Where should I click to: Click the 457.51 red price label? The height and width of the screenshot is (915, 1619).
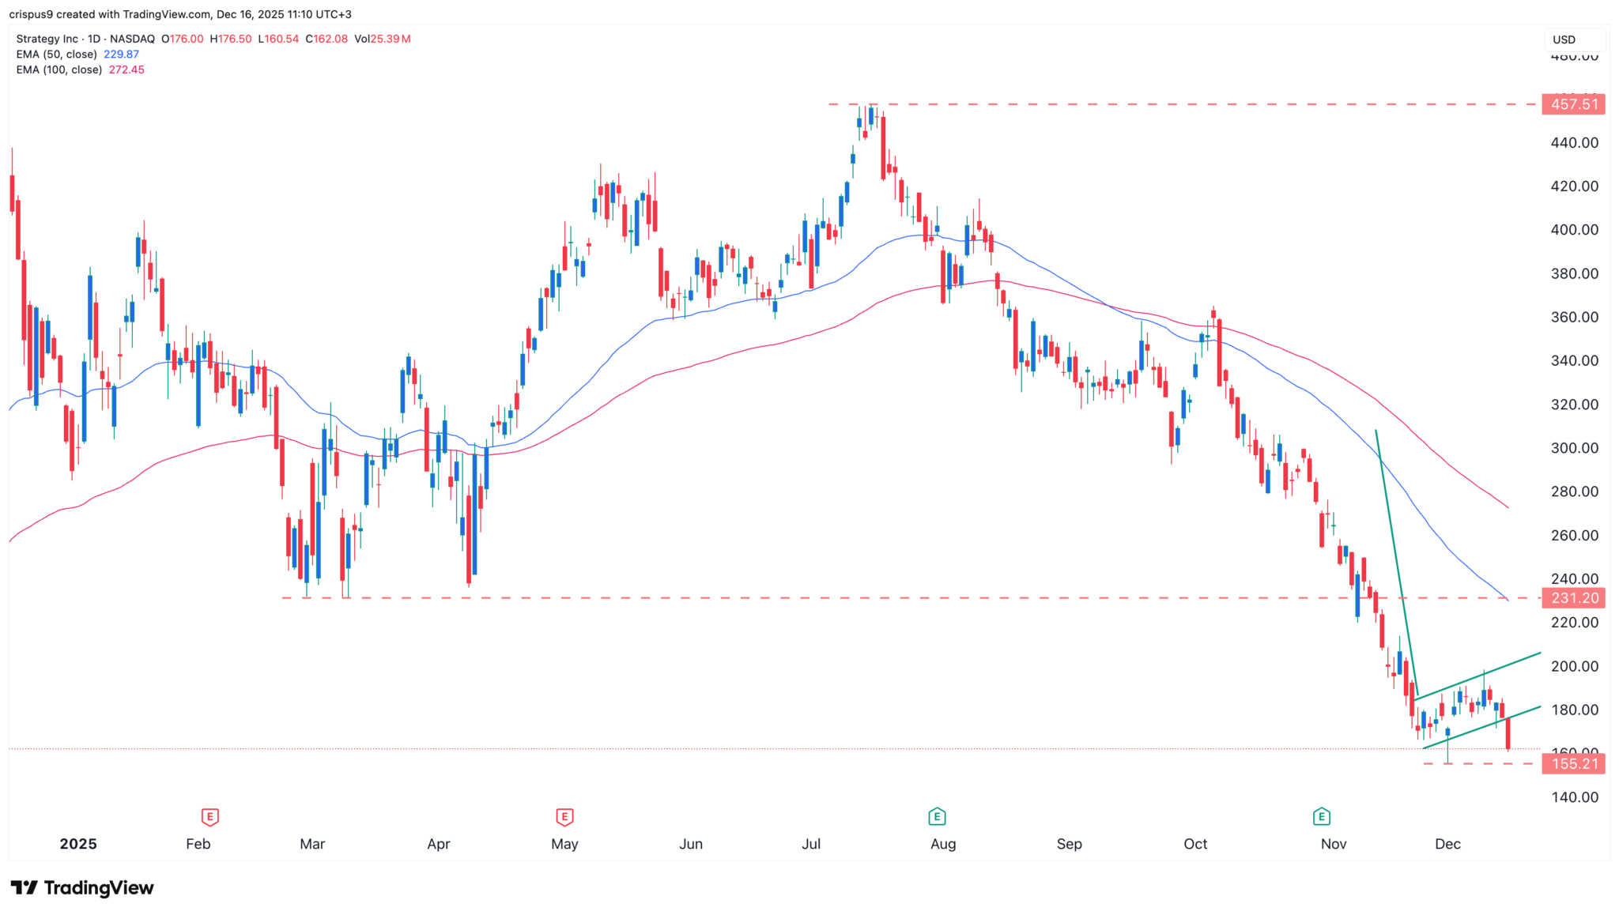pos(1573,104)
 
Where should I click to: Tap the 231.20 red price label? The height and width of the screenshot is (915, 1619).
pos(1573,598)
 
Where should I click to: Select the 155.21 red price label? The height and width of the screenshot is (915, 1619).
pos(1573,763)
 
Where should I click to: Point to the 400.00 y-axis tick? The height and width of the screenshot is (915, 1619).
pos(1575,230)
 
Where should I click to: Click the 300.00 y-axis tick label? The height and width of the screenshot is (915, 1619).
pos(1575,448)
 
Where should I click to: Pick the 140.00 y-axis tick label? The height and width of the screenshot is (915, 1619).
pos(1575,797)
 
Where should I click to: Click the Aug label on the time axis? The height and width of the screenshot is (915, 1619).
pos(943,844)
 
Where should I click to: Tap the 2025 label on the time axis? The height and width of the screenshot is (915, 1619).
pos(78,844)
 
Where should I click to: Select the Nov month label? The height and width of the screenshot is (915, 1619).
pos(1334,844)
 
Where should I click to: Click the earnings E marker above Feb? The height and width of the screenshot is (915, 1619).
pos(209,816)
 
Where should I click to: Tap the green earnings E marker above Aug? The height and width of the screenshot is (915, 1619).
pos(937,816)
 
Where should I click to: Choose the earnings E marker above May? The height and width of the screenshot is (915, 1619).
pos(564,816)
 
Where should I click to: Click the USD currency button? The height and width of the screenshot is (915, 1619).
pos(1564,40)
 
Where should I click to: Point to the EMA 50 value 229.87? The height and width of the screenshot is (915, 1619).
pos(121,55)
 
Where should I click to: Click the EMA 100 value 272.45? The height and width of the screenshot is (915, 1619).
pos(126,70)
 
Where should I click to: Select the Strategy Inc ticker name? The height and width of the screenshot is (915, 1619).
pos(47,39)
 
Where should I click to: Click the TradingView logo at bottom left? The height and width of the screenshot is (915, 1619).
pos(82,888)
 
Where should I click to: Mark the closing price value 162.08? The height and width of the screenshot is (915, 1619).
pos(330,39)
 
